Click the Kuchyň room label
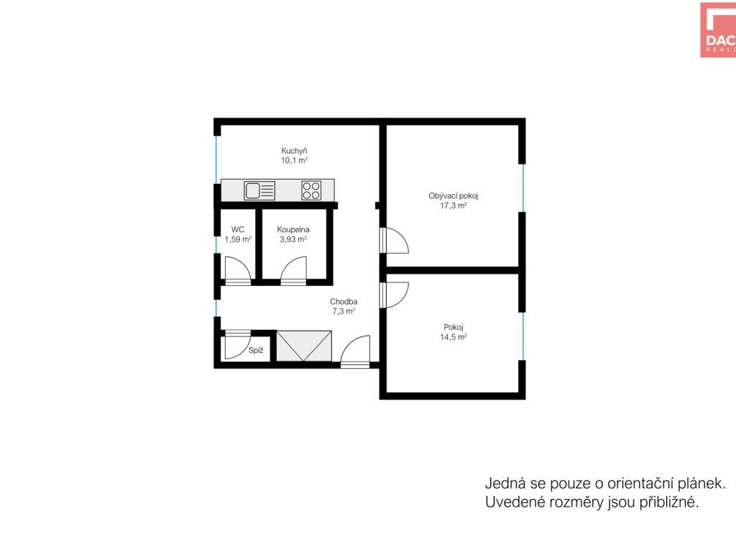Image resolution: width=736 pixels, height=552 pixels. (294, 151)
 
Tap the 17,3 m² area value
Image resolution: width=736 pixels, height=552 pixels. (454, 206)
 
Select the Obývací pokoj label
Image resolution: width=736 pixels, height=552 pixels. (454, 196)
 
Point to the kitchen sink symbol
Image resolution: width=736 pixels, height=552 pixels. (259, 190)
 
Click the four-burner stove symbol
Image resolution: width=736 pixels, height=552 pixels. (311, 190)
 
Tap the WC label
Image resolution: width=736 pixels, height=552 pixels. (238, 230)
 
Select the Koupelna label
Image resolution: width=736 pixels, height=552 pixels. (293, 230)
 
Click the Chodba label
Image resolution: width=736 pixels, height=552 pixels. (344, 302)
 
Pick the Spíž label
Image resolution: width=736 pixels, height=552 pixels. (256, 350)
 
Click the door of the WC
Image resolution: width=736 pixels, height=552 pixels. (238, 271)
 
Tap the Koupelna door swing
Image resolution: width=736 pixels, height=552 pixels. (293, 271)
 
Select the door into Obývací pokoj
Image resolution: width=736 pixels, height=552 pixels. (395, 240)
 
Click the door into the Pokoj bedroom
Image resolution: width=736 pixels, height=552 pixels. (395, 295)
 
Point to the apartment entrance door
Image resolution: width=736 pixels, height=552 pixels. (355, 351)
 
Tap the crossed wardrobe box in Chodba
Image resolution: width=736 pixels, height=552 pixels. (304, 346)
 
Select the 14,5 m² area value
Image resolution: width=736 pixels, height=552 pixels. (454, 337)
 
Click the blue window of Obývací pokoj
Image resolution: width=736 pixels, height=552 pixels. (523, 188)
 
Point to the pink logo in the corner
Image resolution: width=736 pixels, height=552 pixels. (718, 30)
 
